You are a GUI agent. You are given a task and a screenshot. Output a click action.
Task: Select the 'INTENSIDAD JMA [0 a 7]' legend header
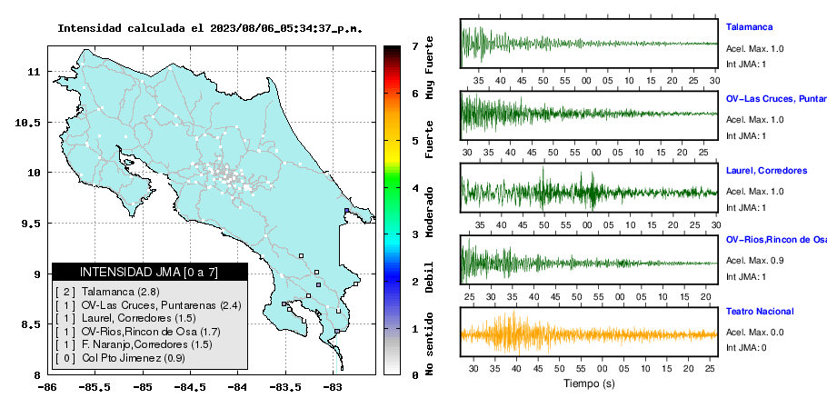pos(149,272)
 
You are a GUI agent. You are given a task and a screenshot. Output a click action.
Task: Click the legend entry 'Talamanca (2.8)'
pos(120,292)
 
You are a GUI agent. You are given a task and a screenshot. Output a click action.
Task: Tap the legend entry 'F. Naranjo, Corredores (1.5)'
pos(146,344)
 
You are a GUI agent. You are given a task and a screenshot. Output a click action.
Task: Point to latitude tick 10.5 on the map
pos(28,123)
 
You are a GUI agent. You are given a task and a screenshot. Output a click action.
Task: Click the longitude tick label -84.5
pos(190,387)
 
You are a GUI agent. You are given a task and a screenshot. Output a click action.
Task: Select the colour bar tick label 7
pos(415,46)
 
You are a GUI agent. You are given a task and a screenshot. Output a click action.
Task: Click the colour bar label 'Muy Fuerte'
pos(429,68)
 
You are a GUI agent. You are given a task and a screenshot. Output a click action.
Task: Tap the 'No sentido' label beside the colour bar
pos(429,344)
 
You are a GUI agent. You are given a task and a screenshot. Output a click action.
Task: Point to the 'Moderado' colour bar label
pos(429,213)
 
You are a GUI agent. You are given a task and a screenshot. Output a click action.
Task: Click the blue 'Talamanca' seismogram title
pos(749,27)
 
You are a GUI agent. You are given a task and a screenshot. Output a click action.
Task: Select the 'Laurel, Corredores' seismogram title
pos(766,171)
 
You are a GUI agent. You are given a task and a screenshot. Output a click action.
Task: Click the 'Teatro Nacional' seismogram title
pos(760,312)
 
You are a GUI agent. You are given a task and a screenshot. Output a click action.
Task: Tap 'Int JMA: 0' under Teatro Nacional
pos(746,347)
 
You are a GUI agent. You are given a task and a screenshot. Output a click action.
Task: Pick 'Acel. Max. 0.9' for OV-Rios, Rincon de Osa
pos(754,261)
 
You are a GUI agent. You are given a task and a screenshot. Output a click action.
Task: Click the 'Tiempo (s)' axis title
pos(589,383)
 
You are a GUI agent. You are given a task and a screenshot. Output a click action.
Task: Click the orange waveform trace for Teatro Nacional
pos(589,333)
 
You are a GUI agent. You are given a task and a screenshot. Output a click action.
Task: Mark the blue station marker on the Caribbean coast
pos(346,210)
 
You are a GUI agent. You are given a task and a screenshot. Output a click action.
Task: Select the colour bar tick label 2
pos(415,282)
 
